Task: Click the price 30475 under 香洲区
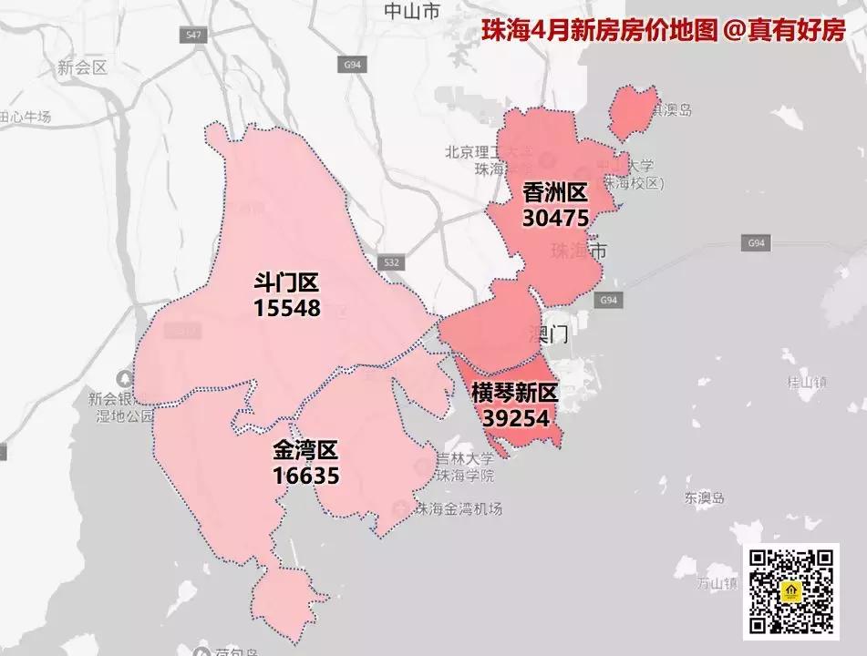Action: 555,218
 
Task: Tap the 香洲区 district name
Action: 555,193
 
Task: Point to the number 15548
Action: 287,308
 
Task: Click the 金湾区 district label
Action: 305,450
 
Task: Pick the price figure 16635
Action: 305,475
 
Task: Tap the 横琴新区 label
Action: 514,393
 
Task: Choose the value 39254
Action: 516,417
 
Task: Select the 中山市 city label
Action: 411,12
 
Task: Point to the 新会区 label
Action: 83,67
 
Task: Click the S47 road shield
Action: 191,34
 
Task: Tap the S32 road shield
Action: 391,262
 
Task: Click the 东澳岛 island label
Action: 704,498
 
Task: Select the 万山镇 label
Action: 717,581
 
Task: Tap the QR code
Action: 790,590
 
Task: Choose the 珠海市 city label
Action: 579,251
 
